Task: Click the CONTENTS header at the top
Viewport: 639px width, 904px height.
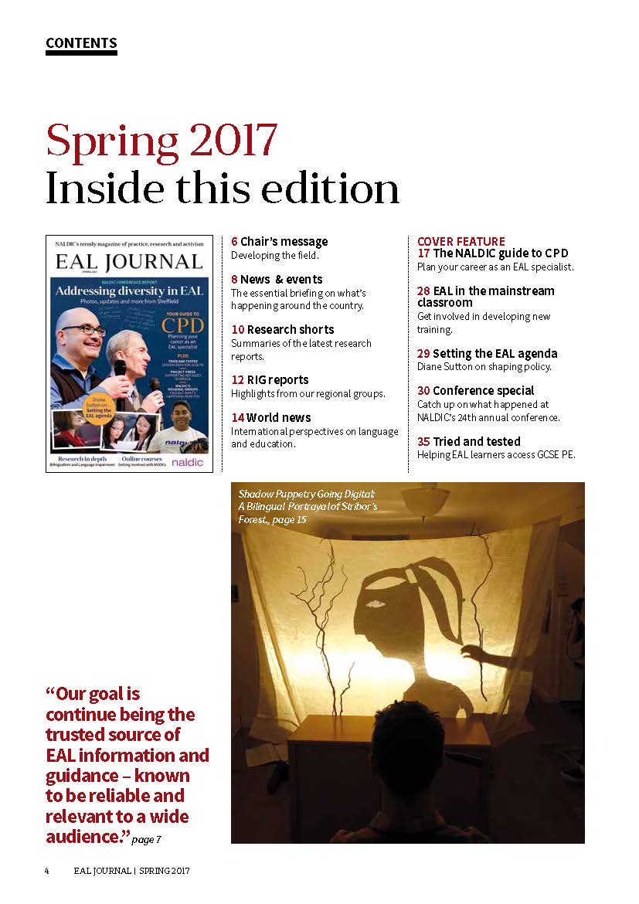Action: point(81,43)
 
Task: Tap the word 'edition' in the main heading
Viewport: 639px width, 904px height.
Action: point(333,189)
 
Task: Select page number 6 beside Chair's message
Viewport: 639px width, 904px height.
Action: point(234,242)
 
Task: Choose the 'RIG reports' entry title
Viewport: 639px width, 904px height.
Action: point(277,379)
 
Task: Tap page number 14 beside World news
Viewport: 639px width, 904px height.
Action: point(237,417)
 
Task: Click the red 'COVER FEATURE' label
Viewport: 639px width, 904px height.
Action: point(461,242)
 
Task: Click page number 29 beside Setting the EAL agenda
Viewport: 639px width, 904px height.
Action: point(423,353)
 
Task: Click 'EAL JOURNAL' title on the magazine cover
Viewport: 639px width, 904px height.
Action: point(129,263)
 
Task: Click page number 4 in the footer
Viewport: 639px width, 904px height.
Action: point(47,870)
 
